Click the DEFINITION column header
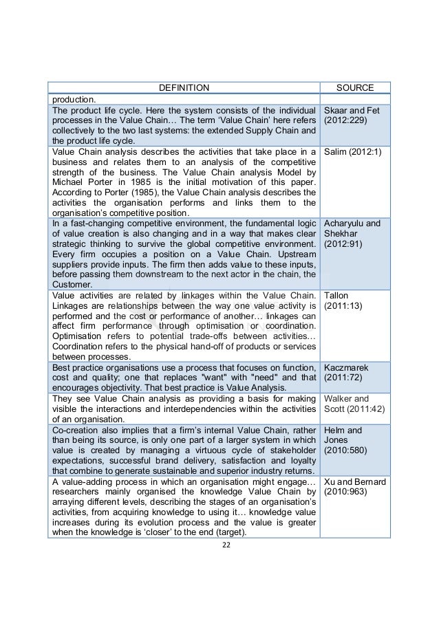click(184, 88)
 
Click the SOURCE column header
click(354, 88)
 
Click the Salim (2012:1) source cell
click(347, 151)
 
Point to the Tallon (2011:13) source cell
click(341, 301)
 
